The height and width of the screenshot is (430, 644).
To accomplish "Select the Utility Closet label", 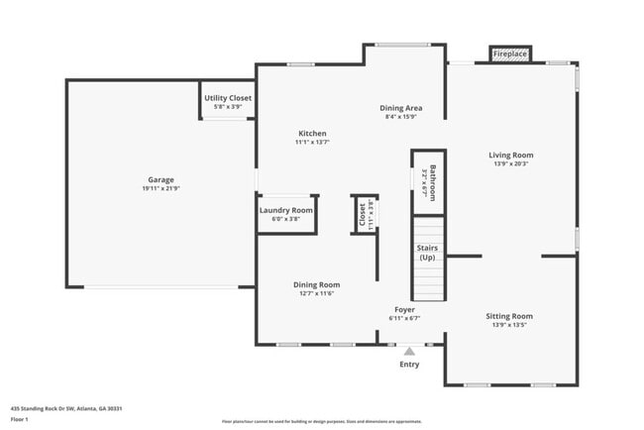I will tap(228, 98).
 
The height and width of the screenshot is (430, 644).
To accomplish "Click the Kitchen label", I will tap(312, 133).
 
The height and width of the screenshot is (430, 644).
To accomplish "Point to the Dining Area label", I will tap(401, 107).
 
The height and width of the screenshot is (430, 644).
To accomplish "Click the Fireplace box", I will tap(510, 54).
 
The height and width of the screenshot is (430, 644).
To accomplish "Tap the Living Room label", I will tap(510, 155).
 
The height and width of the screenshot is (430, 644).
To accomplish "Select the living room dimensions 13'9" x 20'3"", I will tap(510, 164).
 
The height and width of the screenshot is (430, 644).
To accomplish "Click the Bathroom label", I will tap(431, 180).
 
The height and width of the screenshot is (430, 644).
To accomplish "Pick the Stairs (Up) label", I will tap(427, 253).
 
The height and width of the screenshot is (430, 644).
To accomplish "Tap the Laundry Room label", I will tap(286, 210).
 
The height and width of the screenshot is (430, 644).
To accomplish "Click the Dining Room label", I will tap(315, 283).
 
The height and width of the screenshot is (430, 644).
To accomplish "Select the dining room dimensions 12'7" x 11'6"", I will tap(315, 293).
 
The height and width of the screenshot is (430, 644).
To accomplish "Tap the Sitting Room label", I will tap(509, 316).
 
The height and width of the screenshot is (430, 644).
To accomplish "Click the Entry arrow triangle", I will tap(409, 350).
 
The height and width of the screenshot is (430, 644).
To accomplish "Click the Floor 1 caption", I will tap(20, 419).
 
